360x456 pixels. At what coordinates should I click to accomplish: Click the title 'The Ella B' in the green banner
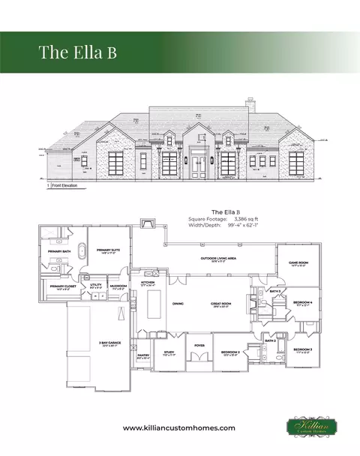(x=77, y=52)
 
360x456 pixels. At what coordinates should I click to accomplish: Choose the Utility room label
(x=95, y=284)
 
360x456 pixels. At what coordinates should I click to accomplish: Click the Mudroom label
(x=118, y=286)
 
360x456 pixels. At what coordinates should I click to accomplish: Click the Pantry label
(x=144, y=355)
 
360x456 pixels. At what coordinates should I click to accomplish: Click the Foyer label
(x=199, y=345)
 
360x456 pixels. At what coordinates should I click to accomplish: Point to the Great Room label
(x=220, y=303)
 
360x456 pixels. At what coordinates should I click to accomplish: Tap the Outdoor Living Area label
(x=218, y=259)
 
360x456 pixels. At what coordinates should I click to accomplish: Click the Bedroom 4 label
(x=303, y=302)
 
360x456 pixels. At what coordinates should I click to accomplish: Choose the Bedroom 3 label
(x=302, y=349)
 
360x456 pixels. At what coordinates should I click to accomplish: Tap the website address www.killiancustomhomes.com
(x=179, y=427)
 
